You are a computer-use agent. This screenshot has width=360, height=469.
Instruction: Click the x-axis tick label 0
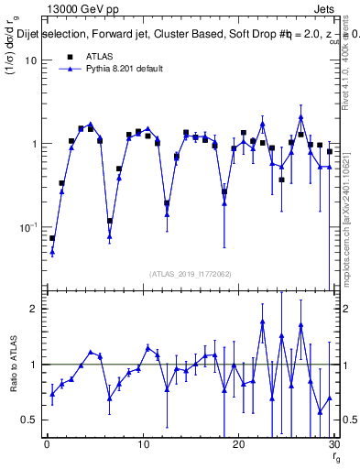tap(47, 445)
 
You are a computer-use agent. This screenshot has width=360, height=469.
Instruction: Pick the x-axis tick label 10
tap(142, 445)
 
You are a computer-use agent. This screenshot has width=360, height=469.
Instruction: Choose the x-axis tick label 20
tap(238, 445)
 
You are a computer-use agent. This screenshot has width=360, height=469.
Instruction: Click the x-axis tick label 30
tap(333, 445)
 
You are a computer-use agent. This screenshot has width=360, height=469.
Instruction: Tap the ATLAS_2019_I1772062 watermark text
tap(190, 274)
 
